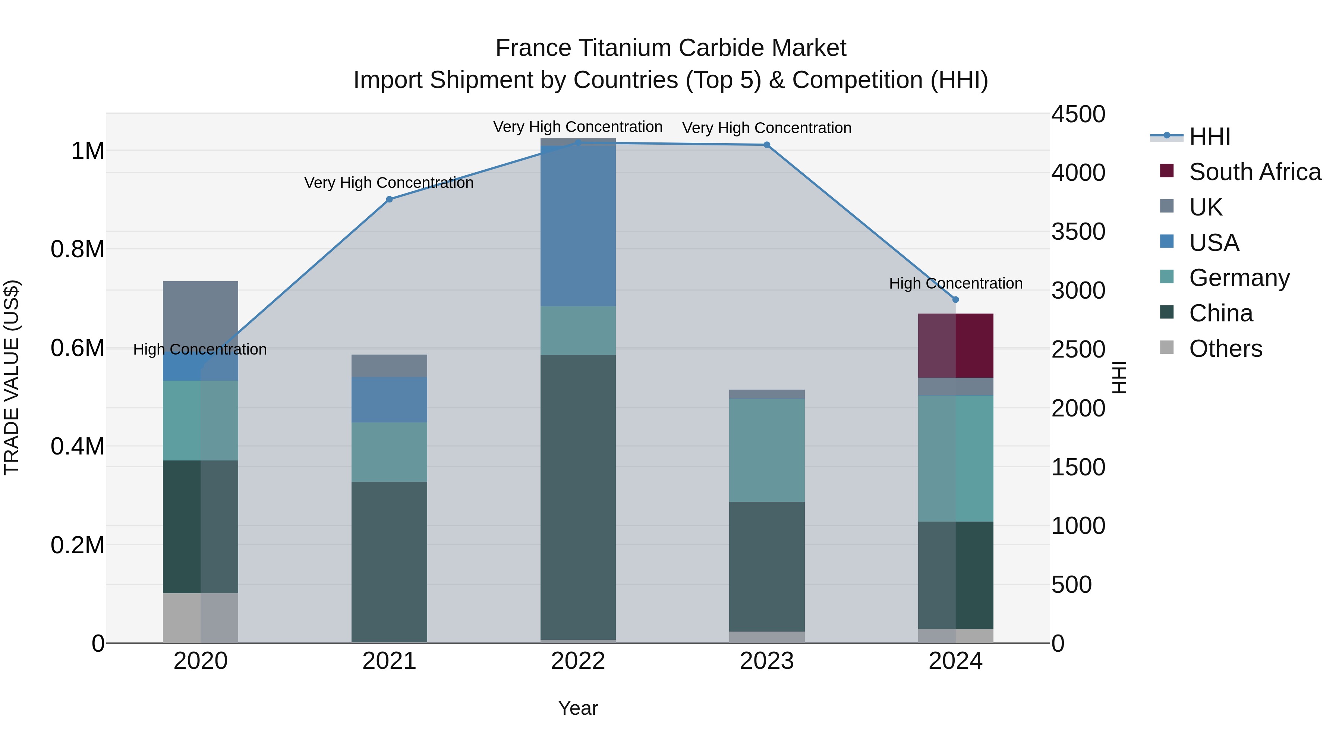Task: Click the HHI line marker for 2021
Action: [x=389, y=199]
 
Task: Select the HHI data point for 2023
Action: [x=766, y=145]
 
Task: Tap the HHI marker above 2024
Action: [x=955, y=300]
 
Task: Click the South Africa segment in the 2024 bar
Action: [x=955, y=346]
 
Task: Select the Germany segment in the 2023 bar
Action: [x=766, y=450]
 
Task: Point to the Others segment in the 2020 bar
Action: [x=201, y=617]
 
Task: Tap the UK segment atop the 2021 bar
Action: [x=389, y=365]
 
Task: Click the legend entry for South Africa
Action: [x=1254, y=172]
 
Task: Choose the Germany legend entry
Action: [x=1239, y=278]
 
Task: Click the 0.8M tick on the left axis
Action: [x=78, y=249]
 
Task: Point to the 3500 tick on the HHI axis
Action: [x=1078, y=231]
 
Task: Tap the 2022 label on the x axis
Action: [x=578, y=661]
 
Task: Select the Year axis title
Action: [x=578, y=708]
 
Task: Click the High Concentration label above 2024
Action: [x=955, y=283]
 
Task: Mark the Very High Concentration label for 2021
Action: [x=389, y=183]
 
